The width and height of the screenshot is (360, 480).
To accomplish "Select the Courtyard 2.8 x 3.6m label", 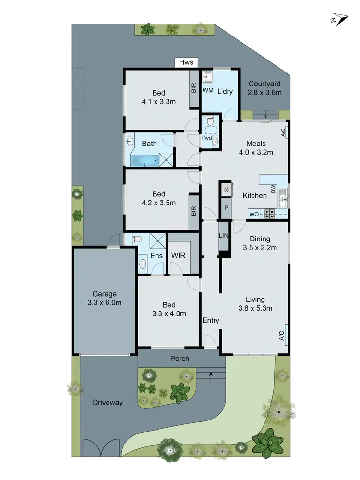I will (265, 88).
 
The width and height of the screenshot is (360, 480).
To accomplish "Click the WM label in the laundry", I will (207, 90).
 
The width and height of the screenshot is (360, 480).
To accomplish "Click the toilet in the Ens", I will (136, 239).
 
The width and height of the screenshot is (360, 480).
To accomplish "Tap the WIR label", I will (179, 256).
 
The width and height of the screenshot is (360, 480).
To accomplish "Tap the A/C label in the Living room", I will (282, 334).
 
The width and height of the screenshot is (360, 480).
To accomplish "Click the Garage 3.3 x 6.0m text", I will (104, 298).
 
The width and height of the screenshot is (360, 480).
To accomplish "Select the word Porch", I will (180, 359).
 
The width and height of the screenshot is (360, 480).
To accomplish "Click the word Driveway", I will (108, 403).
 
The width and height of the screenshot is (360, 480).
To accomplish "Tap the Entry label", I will (211, 320).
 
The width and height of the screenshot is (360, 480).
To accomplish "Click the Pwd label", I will (206, 138).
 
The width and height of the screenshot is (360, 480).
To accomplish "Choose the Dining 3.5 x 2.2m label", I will (260, 243).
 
